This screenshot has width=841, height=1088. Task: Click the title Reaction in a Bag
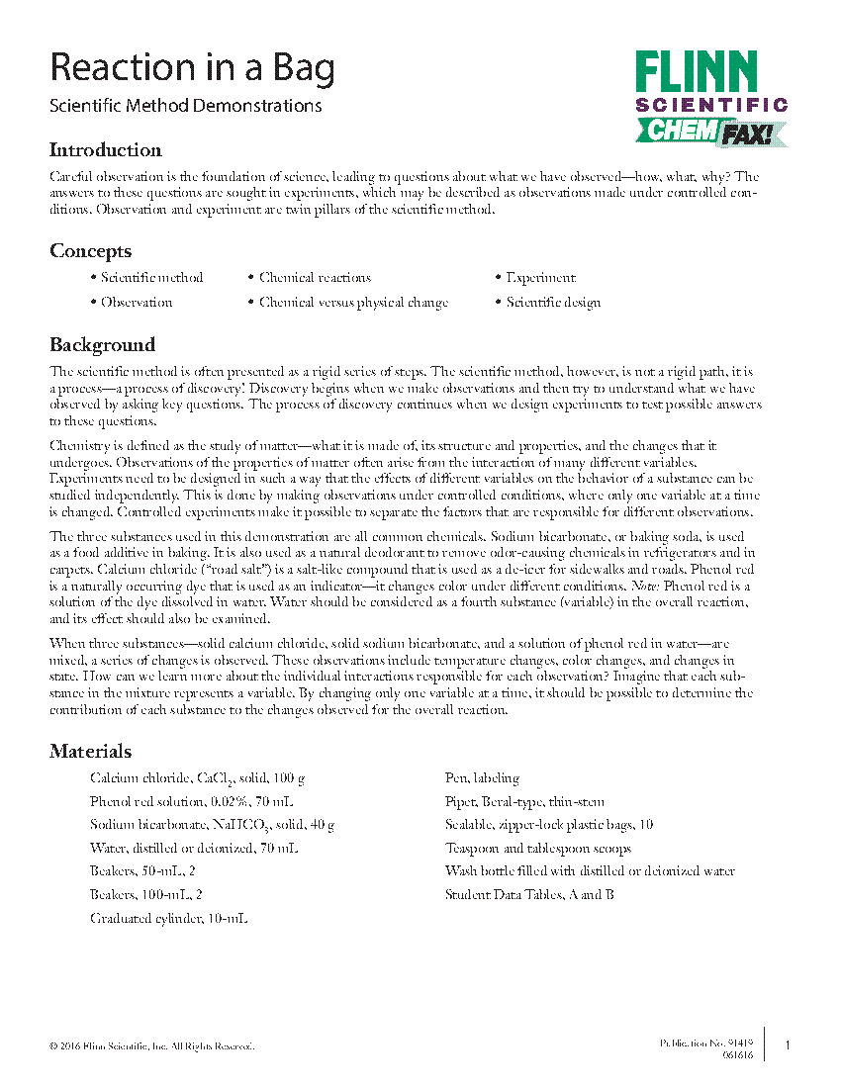[x=192, y=68]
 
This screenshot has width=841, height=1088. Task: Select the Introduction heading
[x=106, y=150]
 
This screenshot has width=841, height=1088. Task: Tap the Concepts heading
[x=91, y=251]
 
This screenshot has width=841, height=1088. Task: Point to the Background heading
[x=103, y=345]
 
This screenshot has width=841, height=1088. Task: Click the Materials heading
[x=91, y=752]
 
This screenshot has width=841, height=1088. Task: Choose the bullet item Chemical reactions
[x=315, y=278]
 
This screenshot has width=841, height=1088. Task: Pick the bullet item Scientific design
[x=553, y=303]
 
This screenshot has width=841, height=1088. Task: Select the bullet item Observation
[x=137, y=303]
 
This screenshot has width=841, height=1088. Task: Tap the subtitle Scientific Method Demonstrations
[x=185, y=106]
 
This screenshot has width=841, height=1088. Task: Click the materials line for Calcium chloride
[x=197, y=779]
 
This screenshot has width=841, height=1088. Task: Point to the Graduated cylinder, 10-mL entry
[x=168, y=918]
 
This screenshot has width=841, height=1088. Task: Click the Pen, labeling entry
[x=482, y=778]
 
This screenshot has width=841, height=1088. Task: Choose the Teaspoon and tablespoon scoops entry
[x=538, y=849]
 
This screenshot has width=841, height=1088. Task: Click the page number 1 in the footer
[x=788, y=1045]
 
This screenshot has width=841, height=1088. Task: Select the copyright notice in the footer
[x=152, y=1046]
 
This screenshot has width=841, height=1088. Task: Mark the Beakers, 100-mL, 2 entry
[x=146, y=895]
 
